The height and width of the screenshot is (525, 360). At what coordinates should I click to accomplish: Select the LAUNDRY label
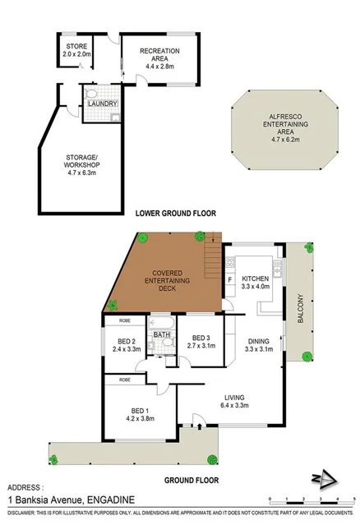(x=105, y=103)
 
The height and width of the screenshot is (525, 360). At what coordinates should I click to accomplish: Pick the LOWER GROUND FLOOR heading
(x=175, y=213)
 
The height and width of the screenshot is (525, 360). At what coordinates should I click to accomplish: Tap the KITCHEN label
(x=256, y=281)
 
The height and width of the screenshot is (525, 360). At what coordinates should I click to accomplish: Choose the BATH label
(x=161, y=334)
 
